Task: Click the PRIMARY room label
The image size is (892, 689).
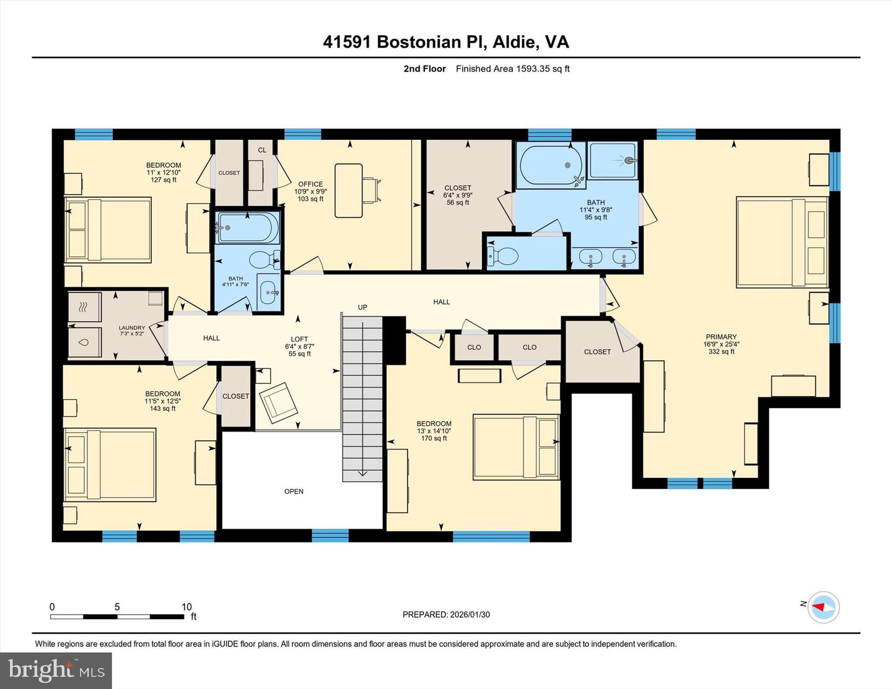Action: pos(721,337)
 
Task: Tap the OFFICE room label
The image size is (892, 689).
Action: pos(310,184)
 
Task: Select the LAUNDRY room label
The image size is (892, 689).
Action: pos(132,328)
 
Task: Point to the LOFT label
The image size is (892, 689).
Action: pos(299,339)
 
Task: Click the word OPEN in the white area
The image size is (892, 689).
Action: pos(294,492)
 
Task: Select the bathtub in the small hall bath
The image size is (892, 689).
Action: pos(247,227)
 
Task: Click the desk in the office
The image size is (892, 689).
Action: pos(349,191)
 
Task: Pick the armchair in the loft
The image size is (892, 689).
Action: pos(278,401)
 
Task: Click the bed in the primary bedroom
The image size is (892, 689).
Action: pos(782,242)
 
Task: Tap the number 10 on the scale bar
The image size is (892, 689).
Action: pos(186,607)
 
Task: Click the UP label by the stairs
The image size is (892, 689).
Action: pos(362,307)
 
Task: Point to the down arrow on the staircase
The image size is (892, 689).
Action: pos(362,474)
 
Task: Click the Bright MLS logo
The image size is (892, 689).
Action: pos(56,670)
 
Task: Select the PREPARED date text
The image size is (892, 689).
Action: pos(446,615)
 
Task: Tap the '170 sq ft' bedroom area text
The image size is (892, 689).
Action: pos(434,438)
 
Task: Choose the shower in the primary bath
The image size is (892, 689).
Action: pos(613,161)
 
